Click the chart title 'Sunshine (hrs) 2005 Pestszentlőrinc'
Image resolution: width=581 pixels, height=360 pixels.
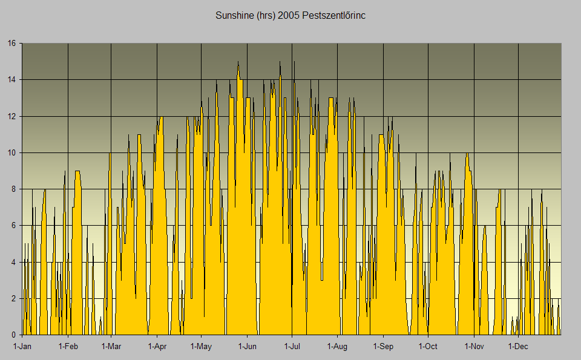290,15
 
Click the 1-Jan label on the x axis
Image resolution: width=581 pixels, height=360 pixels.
22,347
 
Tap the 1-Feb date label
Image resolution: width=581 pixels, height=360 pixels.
68,347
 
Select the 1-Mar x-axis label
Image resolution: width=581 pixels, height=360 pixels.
111,347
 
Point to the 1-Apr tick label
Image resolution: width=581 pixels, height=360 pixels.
157,347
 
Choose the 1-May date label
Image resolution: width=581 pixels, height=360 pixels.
201,347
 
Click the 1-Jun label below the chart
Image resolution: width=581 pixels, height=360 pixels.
247,347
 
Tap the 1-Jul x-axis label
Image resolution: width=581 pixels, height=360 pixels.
292,347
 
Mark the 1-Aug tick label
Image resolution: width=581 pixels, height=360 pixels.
337,347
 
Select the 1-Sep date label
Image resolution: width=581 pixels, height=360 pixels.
383,347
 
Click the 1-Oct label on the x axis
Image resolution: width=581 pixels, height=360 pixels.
428,347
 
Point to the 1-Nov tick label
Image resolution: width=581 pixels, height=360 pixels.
474,347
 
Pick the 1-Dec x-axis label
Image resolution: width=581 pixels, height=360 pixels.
518,347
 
